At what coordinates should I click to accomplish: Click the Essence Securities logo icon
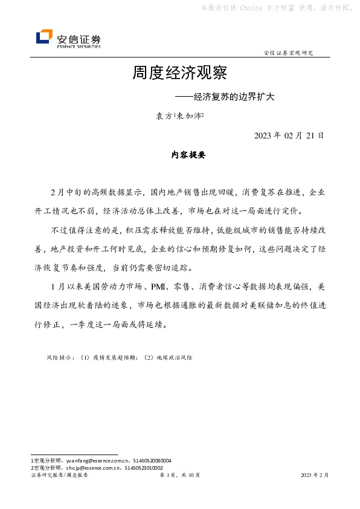[x=44, y=37]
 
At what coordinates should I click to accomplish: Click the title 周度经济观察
[x=179, y=74]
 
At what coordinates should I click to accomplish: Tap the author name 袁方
[x=164, y=116]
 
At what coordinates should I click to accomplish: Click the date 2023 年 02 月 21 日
[x=289, y=135]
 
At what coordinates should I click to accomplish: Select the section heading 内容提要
[x=188, y=155]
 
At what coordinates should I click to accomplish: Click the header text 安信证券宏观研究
[x=289, y=53]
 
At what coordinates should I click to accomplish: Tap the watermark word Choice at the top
[x=251, y=8]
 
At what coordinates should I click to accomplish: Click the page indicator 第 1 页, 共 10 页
[x=179, y=476]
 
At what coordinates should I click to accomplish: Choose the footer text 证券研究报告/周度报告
[x=59, y=476]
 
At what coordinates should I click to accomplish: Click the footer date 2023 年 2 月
[x=315, y=476]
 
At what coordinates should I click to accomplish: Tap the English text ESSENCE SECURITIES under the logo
[x=79, y=46]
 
